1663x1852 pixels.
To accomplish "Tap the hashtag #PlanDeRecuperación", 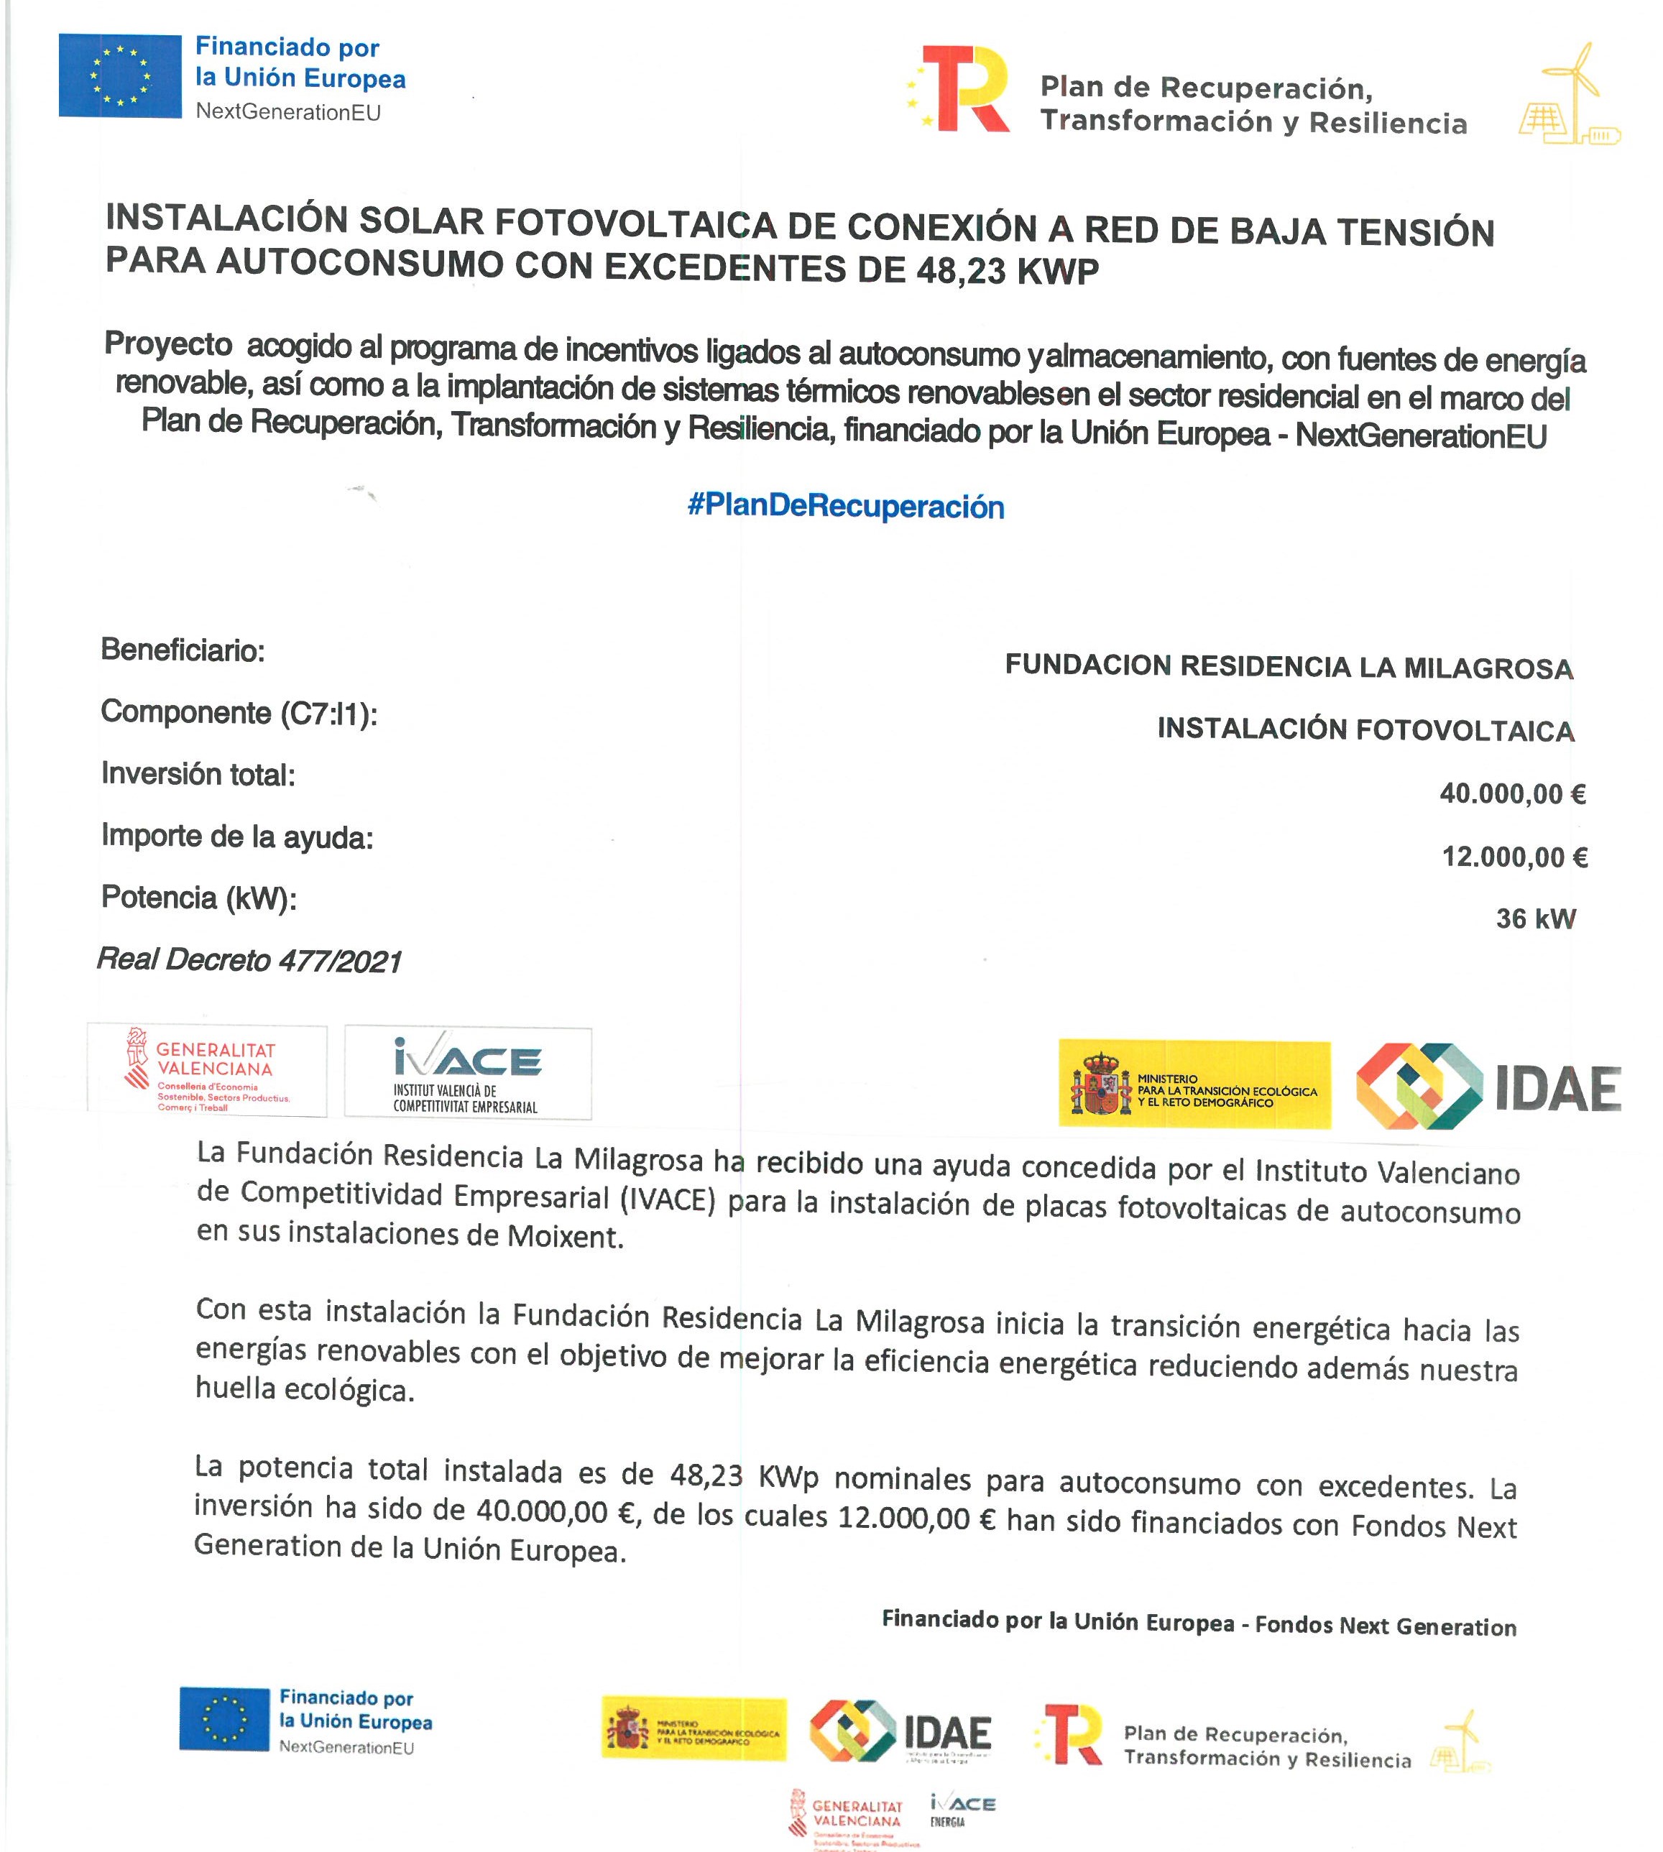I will [x=845, y=505].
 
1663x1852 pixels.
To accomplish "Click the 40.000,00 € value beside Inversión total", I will [x=1512, y=793].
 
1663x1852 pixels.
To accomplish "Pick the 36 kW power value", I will [x=1535, y=918].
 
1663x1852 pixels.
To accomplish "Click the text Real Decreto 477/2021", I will [x=249, y=959].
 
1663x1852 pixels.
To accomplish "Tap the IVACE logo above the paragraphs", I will [x=468, y=1072].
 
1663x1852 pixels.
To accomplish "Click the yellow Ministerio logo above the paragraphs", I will [x=1194, y=1084].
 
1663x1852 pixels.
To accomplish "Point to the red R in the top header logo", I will [x=969, y=90].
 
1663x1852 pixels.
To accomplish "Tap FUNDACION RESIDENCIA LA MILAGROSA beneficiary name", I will [x=1289, y=667].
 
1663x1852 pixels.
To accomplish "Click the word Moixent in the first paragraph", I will [x=563, y=1236].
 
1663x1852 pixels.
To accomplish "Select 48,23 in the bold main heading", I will [x=953, y=270].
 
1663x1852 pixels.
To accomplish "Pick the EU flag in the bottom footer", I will [x=224, y=1718].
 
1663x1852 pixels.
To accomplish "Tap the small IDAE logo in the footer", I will [x=900, y=1730].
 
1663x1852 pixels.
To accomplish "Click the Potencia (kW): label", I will [x=199, y=898].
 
